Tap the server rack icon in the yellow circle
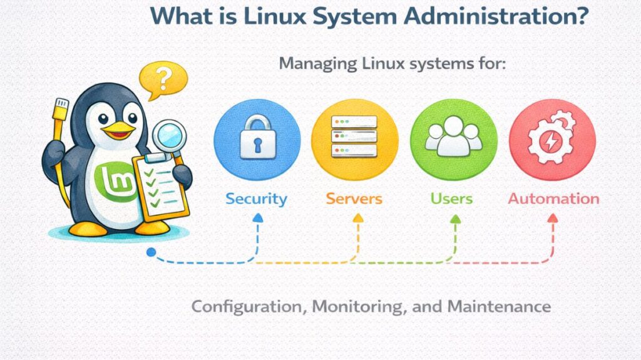(x=354, y=136)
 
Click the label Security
(x=256, y=199)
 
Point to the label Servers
(x=354, y=199)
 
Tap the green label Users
(x=451, y=199)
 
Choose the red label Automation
(x=553, y=199)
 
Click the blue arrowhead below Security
(x=257, y=218)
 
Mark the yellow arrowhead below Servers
(x=357, y=218)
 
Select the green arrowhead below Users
(x=455, y=219)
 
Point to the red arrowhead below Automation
(x=552, y=218)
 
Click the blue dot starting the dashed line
(x=150, y=252)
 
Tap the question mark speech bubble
(x=163, y=80)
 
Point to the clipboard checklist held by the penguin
(x=160, y=185)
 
